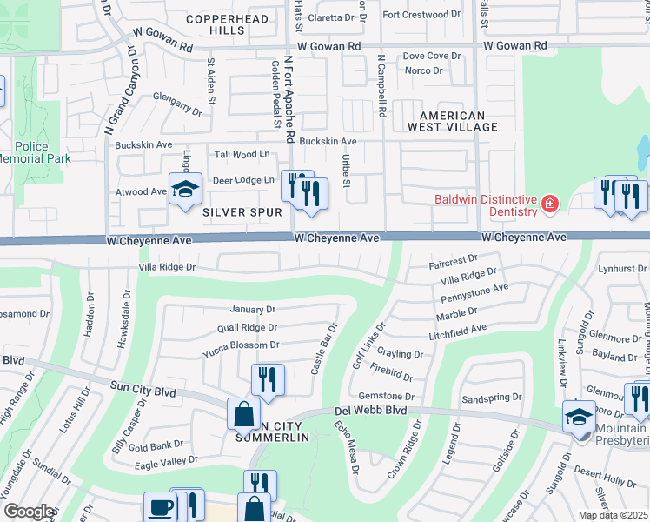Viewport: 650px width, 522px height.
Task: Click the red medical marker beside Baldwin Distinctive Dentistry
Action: coord(548,204)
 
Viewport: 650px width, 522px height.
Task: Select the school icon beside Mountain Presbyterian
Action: coord(579,415)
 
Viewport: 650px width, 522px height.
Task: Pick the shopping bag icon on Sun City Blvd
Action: coord(243,414)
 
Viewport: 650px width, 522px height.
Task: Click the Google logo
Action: coord(29,512)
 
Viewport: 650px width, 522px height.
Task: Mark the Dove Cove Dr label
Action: coord(431,56)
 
